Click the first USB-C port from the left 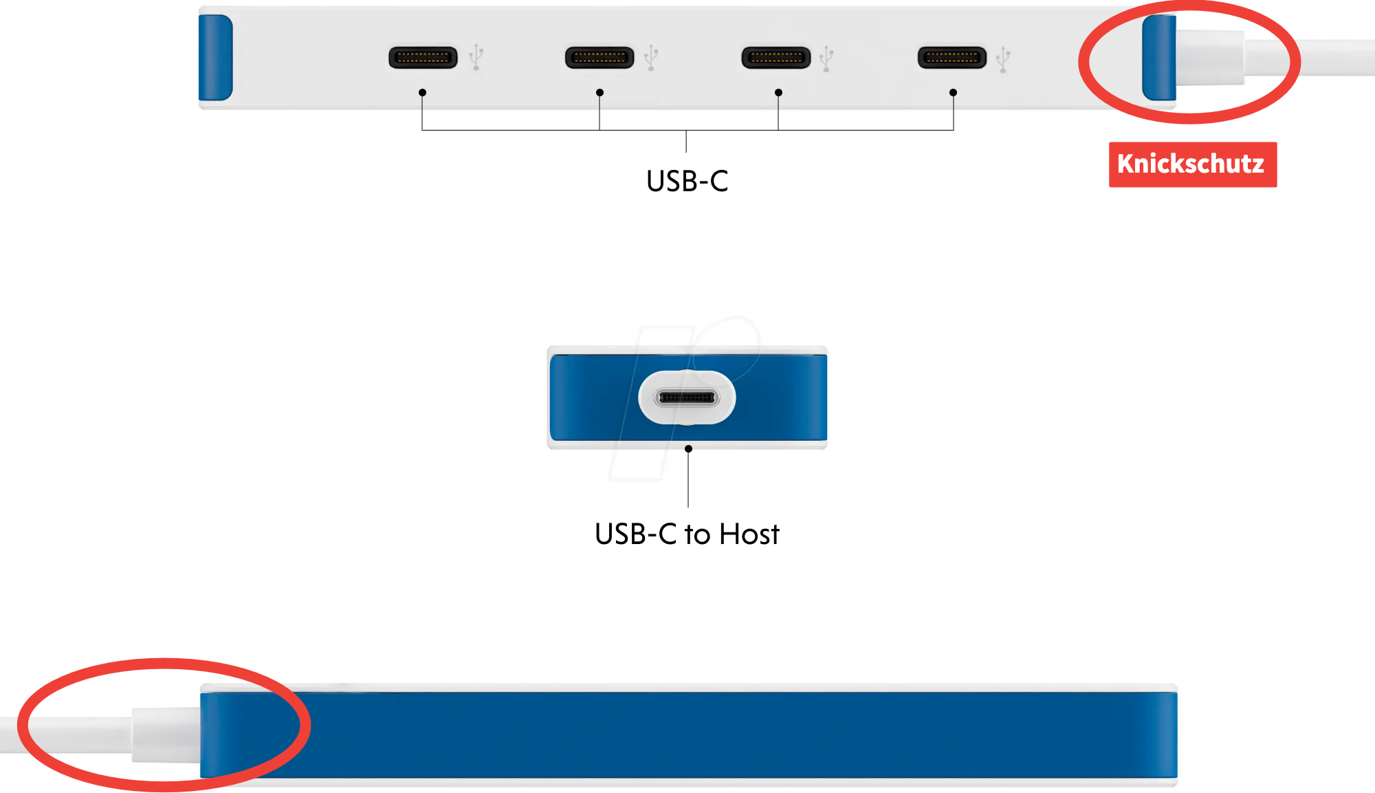423,58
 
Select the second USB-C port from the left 599,58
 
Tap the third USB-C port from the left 775,58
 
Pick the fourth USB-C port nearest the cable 952,58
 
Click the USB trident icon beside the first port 476,58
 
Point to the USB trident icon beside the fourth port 1004,59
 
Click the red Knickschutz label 1192,164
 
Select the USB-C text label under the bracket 687,182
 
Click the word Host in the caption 749,534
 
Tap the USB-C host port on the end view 687,398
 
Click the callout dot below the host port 688,449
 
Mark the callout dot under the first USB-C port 422,93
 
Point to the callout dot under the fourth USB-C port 953,93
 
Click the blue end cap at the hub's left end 215,58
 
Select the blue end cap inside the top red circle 1159,58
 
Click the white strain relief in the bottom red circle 165,735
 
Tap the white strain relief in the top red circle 1210,58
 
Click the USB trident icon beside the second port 652,58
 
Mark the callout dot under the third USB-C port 778,93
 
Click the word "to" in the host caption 697,534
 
